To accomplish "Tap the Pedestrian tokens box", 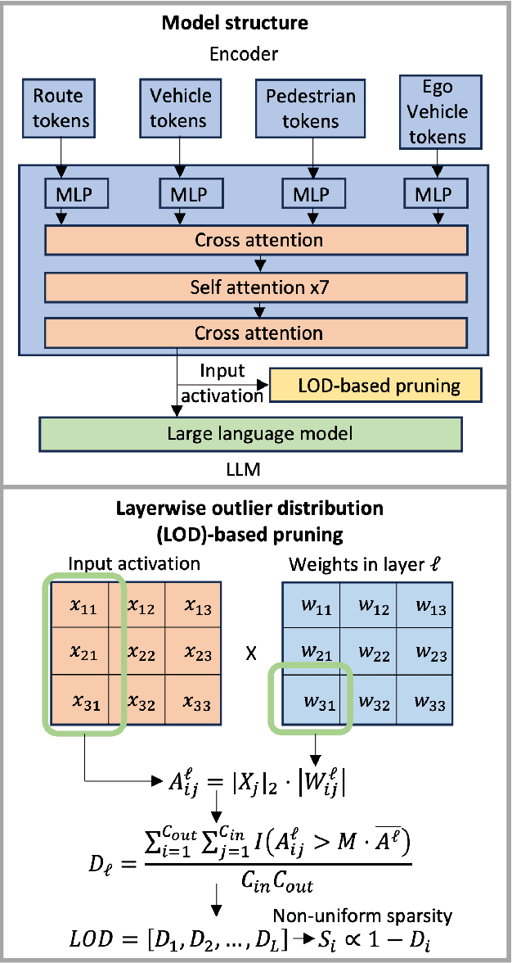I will (311, 109).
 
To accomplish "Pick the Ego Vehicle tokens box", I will (437, 111).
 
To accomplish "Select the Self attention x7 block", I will (256, 287).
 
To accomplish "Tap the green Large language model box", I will (250, 433).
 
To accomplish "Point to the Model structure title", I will (256, 22).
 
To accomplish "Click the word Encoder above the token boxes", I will (256, 55).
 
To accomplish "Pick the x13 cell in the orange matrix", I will (198, 607).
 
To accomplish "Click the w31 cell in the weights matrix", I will (316, 703).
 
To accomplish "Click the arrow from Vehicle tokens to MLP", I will (177, 154).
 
